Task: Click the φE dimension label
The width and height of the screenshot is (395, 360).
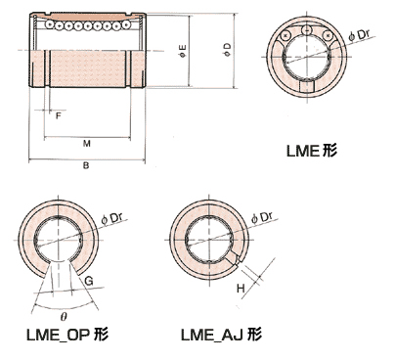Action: [183, 51]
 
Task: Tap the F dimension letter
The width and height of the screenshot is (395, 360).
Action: [59, 115]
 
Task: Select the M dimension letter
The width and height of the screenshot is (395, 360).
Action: [86, 144]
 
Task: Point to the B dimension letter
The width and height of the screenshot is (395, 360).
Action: [86, 165]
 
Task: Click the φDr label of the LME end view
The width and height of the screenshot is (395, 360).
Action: [359, 35]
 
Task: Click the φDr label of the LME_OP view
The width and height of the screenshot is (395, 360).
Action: [111, 219]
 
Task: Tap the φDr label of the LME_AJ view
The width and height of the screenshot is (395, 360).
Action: [262, 217]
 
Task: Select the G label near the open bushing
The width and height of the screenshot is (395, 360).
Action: [89, 281]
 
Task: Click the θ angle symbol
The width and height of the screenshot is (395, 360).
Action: [64, 316]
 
